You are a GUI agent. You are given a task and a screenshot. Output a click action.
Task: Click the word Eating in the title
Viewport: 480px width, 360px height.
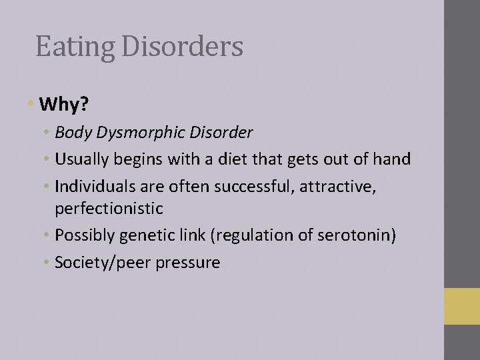coord(65,47)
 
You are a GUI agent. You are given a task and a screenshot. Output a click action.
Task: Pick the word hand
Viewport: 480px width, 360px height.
coord(393,159)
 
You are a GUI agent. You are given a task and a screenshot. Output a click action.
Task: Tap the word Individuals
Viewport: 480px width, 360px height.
coord(93,186)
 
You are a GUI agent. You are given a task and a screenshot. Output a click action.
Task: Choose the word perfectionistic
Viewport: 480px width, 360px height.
coord(109,209)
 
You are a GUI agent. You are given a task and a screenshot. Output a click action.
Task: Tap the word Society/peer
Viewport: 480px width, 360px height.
coord(103,263)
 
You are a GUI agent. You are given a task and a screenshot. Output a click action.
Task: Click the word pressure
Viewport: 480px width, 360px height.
coord(188,263)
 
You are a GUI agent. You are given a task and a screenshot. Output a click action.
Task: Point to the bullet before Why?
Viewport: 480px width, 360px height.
coord(31,105)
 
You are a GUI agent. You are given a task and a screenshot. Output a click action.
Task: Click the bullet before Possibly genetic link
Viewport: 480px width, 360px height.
coord(48,235)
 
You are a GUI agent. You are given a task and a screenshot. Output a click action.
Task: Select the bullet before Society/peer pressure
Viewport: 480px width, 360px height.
coord(48,262)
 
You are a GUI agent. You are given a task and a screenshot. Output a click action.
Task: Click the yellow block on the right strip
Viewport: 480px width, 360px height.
coord(462,306)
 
